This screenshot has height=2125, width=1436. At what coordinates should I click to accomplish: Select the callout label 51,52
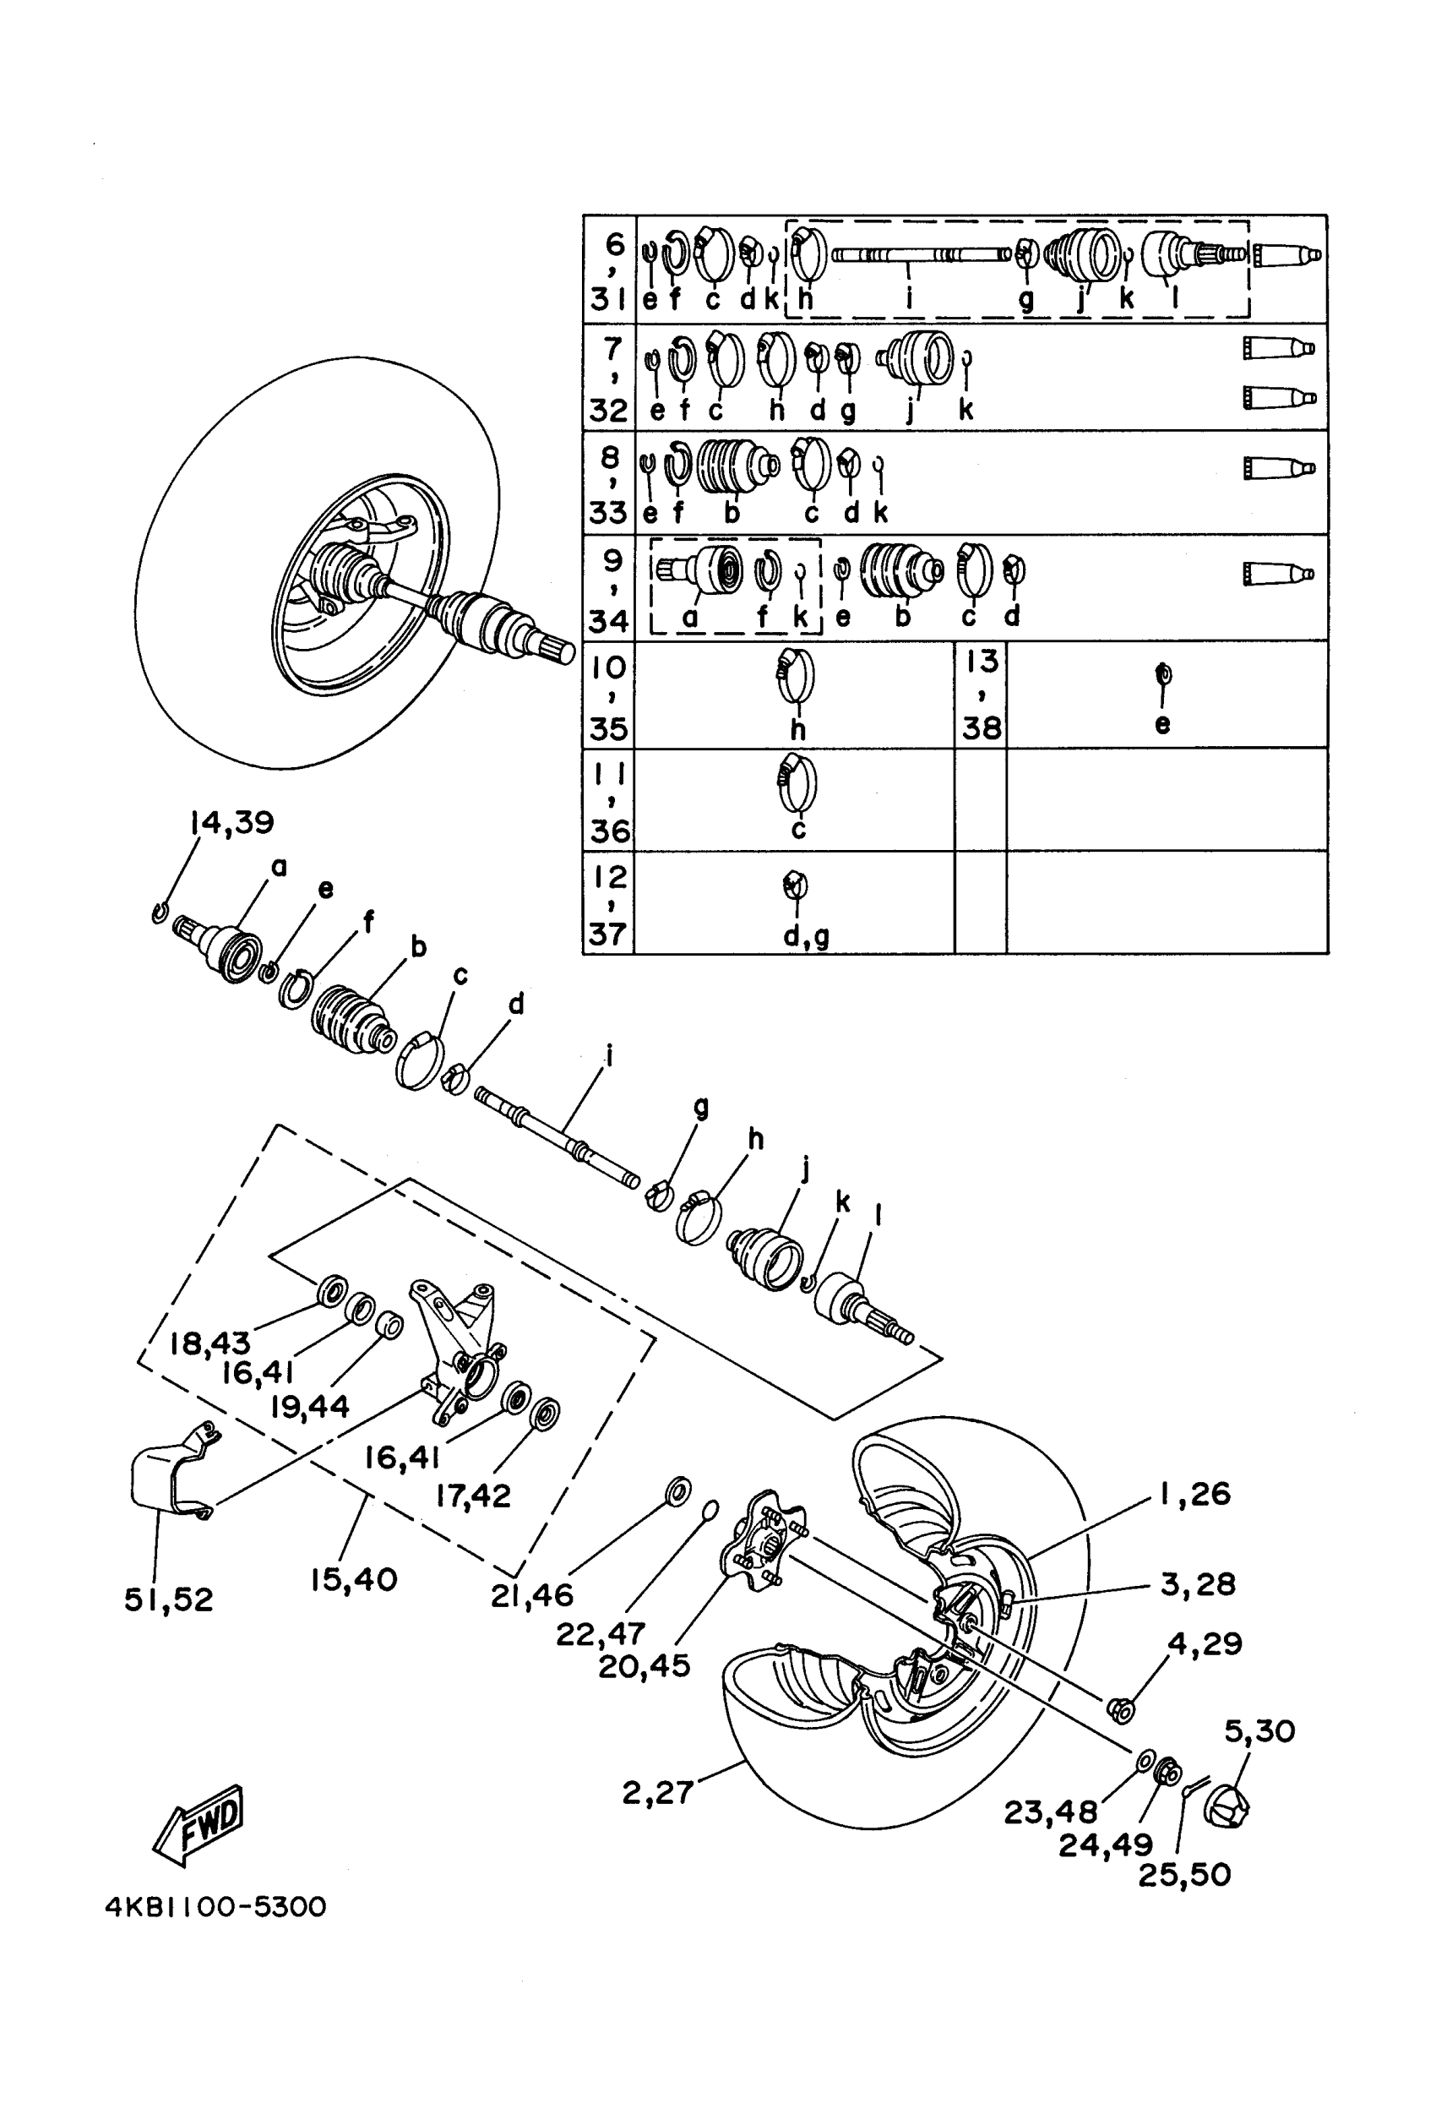pos(169,1599)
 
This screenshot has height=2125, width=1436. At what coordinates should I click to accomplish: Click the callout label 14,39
pos(232,822)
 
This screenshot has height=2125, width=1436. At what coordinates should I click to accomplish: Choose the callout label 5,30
pos(1259,1731)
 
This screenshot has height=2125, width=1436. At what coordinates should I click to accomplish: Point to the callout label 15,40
pos(354,1579)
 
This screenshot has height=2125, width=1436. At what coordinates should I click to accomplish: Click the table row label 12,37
pos(610,904)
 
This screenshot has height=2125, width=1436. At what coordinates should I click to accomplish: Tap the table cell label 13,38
pos(981,695)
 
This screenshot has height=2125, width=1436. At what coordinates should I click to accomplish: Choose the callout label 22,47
pos(601,1633)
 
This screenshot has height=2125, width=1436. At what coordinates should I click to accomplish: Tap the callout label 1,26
pos(1195,1494)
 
